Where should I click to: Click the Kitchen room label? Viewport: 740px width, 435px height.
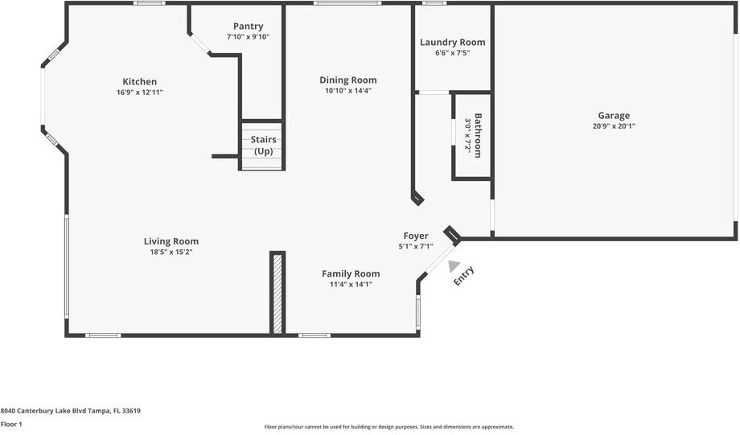(x=139, y=81)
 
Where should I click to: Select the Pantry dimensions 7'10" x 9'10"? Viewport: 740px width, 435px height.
(x=248, y=37)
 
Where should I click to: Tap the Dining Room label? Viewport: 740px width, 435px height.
(x=347, y=80)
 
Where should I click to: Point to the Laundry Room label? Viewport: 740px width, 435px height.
(x=452, y=42)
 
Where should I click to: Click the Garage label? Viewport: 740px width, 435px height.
(x=613, y=115)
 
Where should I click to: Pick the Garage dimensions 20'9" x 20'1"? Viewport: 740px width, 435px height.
(x=613, y=126)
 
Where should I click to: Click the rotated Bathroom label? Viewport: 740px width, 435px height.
(x=478, y=135)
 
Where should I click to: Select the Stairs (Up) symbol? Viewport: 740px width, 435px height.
(x=262, y=146)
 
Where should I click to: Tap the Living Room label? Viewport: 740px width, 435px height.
(x=171, y=241)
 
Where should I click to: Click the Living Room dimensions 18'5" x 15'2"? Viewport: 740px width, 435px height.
(x=171, y=252)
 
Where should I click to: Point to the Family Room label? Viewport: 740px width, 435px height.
(x=351, y=273)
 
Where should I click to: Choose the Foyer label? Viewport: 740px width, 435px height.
(x=415, y=236)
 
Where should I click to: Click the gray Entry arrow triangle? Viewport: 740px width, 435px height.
(x=454, y=265)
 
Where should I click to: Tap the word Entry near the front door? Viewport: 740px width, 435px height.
(x=464, y=276)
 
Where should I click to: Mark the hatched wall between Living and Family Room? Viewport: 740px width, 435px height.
(x=277, y=293)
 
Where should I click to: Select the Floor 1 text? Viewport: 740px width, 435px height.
(x=11, y=424)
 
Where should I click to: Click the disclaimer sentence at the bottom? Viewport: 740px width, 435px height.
(x=389, y=427)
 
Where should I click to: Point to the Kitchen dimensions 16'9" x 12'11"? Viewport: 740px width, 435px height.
(x=139, y=92)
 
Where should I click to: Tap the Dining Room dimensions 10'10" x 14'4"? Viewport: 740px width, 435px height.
(x=347, y=91)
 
